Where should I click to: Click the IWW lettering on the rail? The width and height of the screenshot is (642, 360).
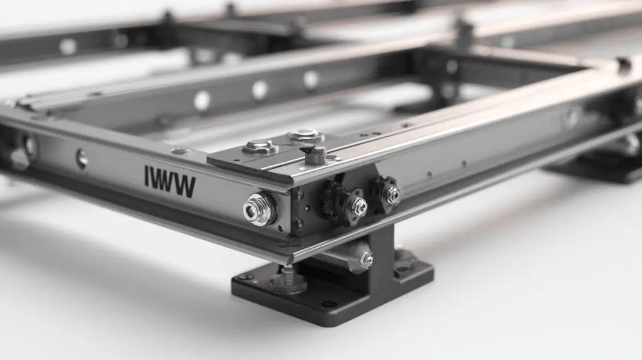tap(170, 182)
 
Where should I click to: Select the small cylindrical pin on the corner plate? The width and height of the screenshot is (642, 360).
tap(315, 155)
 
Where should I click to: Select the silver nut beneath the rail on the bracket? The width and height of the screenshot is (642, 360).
tap(366, 259)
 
